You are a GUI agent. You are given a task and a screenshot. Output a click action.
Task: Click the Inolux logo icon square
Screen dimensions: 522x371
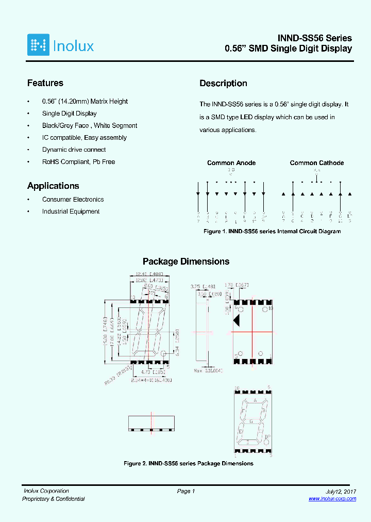pos(38,45)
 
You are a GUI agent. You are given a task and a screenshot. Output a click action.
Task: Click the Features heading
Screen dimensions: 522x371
pos(45,83)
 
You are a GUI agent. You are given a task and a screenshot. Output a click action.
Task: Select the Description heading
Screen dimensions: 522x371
pos(223,84)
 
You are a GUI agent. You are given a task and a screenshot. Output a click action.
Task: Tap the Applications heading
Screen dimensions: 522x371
pos(53,186)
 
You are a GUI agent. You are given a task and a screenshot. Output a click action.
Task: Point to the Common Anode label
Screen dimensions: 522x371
pos(231,163)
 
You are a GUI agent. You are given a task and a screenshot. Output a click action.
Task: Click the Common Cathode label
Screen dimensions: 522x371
pos(316,163)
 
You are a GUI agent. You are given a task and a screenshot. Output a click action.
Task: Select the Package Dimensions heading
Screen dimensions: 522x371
pos(186,262)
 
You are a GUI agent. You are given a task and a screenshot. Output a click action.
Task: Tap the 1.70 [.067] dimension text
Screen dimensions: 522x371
pos(237,284)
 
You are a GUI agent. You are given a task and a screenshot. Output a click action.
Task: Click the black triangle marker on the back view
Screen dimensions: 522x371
pos(237,320)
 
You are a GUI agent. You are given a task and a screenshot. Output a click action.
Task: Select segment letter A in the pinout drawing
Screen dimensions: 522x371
pos(254,400)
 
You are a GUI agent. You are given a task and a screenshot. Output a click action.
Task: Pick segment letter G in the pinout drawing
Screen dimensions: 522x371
pos(251,421)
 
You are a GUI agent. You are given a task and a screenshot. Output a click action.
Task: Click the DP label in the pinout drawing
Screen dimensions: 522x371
pos(267,437)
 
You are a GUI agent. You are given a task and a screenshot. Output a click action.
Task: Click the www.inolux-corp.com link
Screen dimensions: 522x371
pos(332,499)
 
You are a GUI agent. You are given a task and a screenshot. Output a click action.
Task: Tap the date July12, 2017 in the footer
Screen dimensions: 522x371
pos(341,492)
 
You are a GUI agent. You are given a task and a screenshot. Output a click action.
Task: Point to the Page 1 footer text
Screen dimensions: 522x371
pos(185,492)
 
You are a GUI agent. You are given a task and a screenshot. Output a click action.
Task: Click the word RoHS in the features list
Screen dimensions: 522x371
pos(50,162)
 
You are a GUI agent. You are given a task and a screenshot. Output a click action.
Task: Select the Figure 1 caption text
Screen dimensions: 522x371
pos(272,232)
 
